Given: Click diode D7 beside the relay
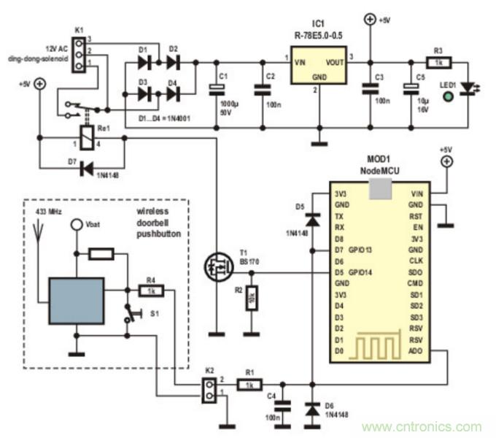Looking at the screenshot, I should coord(88,167).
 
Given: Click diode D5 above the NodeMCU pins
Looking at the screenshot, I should coord(312,219).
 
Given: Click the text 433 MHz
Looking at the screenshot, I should coord(50,211).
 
